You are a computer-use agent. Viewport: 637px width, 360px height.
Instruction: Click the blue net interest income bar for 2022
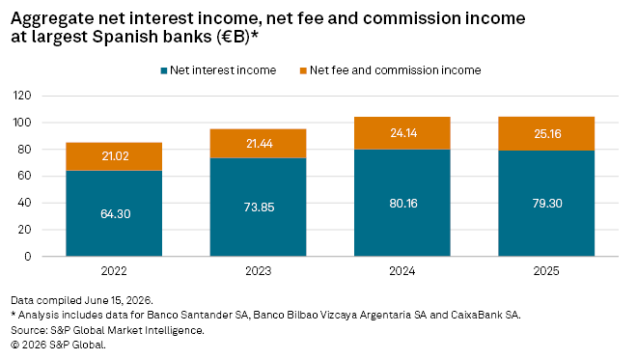click(x=114, y=213)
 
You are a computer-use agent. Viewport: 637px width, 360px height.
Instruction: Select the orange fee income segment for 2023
click(x=258, y=144)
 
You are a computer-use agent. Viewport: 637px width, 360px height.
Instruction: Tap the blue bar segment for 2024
click(x=402, y=203)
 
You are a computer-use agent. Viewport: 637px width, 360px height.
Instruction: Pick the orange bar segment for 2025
click(x=546, y=134)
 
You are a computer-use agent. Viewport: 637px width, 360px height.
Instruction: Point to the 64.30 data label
click(x=116, y=213)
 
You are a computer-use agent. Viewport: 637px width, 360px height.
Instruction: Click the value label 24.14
click(x=403, y=133)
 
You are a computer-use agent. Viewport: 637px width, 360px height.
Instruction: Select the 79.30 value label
click(x=547, y=203)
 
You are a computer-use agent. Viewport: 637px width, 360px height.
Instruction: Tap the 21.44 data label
click(x=260, y=144)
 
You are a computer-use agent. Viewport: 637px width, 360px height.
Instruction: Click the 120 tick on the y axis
click(x=22, y=96)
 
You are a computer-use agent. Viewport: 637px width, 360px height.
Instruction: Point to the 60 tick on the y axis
click(x=24, y=176)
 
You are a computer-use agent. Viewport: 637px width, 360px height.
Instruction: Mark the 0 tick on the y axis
click(x=28, y=257)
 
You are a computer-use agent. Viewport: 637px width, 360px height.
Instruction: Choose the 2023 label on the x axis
click(x=258, y=271)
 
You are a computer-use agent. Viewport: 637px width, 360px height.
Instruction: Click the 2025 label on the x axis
click(x=546, y=271)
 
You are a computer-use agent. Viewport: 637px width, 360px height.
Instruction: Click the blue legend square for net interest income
click(x=164, y=71)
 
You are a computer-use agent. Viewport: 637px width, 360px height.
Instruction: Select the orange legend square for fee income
click(x=303, y=71)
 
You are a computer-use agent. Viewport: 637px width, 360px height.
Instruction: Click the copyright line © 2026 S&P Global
click(x=58, y=345)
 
